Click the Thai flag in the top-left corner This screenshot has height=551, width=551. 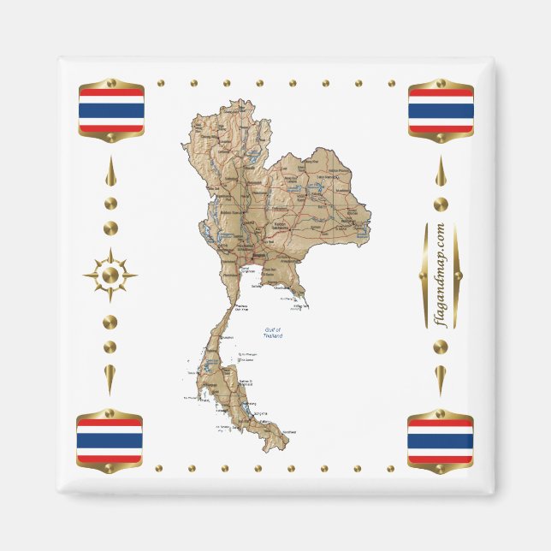111,110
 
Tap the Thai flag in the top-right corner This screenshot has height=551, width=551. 441,110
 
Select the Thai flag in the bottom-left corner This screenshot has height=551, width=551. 110,441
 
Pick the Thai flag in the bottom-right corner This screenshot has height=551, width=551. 440,441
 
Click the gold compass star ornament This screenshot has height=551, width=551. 110,275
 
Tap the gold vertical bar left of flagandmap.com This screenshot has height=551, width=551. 424,275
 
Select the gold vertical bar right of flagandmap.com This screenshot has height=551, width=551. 458,275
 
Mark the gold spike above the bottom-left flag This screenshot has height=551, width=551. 110,377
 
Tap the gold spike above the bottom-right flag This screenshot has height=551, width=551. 441,377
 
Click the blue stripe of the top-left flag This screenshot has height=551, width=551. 111,110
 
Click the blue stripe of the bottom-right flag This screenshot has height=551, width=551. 440,441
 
